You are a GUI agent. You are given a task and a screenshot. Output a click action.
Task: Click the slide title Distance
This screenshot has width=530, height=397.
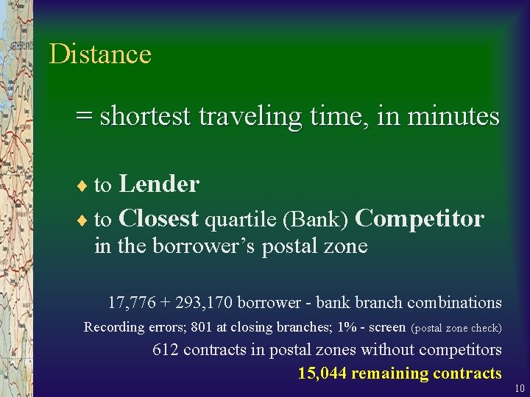(x=100, y=54)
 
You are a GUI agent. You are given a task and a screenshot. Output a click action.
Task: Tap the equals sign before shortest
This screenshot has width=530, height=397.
(x=85, y=116)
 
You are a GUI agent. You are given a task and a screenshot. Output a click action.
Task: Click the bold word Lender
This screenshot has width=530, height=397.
(x=159, y=184)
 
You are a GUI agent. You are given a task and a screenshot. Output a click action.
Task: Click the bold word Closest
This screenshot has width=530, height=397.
(x=158, y=218)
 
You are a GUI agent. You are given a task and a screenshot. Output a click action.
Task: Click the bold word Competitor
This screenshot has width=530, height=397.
(x=420, y=218)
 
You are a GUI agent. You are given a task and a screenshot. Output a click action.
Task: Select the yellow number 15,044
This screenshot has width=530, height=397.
(x=322, y=373)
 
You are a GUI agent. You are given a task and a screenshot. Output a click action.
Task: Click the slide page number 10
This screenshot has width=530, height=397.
(x=519, y=388)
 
